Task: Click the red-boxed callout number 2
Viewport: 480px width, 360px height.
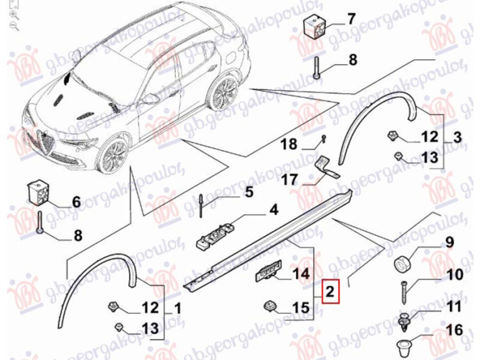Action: point(330,292)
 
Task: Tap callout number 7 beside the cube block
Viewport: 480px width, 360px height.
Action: point(351,19)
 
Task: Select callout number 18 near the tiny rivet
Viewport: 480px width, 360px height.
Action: point(289,144)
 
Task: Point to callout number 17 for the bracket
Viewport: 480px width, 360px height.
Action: point(289,179)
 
